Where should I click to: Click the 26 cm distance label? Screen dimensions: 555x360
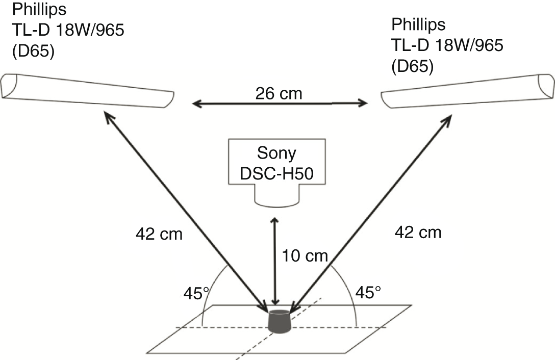(x=279, y=94)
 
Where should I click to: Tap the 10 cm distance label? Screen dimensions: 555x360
(x=305, y=255)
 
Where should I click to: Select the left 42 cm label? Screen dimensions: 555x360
(x=159, y=234)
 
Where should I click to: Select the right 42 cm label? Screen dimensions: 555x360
(x=418, y=233)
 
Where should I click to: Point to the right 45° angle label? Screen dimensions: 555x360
(x=368, y=292)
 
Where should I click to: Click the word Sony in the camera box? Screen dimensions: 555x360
(x=276, y=153)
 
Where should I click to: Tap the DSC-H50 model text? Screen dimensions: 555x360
(x=277, y=174)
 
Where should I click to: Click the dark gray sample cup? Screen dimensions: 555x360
(x=280, y=321)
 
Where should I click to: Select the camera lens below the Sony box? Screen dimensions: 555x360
(x=277, y=196)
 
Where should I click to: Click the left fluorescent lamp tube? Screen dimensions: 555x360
(x=87, y=90)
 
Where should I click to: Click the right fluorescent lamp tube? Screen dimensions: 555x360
(x=468, y=91)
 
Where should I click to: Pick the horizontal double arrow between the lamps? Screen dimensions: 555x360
(x=280, y=104)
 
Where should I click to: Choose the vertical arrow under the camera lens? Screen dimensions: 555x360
(x=274, y=261)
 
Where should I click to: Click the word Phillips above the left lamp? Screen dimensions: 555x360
(x=39, y=10)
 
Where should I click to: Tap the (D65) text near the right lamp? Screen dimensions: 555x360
(x=412, y=67)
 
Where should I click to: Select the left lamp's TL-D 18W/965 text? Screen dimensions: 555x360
(x=68, y=30)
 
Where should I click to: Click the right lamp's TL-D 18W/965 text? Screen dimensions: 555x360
(x=447, y=45)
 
